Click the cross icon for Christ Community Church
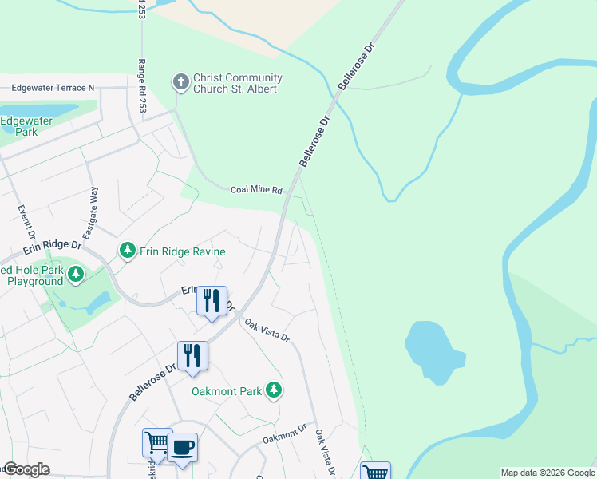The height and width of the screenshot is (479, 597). tap(181, 82)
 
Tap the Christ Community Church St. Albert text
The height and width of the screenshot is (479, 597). tap(237, 83)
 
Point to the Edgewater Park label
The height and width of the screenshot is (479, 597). tap(26, 126)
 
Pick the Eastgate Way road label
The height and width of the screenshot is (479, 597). tap(93, 205)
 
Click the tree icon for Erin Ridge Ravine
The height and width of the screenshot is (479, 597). tap(127, 251)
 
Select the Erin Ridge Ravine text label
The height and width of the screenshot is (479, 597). tap(182, 251)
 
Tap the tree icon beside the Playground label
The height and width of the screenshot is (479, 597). tap(76, 275)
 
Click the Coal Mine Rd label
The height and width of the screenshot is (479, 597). tap(256, 190)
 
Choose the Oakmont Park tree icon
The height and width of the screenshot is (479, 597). tap(274, 390)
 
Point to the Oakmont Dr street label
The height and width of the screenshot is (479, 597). tap(285, 435)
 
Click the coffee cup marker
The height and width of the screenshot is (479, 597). tap(182, 447)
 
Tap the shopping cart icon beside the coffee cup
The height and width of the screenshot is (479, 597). tap(157, 443)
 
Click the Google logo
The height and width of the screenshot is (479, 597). tap(26, 469)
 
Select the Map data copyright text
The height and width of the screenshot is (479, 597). tap(548, 473)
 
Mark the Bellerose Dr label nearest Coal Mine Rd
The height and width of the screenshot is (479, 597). tap(314, 143)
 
